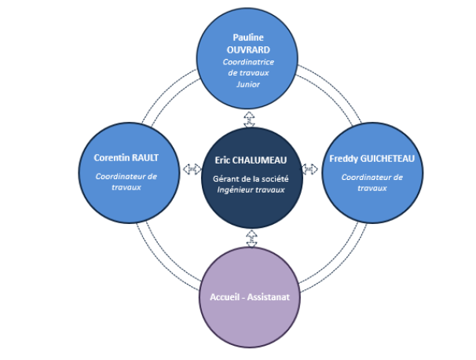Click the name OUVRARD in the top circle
click(248, 50)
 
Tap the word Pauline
click(248, 38)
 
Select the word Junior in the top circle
click(248, 84)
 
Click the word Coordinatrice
click(248, 62)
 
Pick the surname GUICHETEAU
click(387, 159)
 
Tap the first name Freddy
click(343, 159)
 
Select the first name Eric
click(222, 160)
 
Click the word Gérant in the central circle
click(223, 179)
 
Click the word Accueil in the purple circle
click(225, 297)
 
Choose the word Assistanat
click(269, 297)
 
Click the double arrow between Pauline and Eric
click(249, 119)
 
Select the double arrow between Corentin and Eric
click(192, 169)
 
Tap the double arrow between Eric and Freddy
click(309, 169)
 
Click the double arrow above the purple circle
click(251, 238)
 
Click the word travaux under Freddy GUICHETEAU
click(372, 189)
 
